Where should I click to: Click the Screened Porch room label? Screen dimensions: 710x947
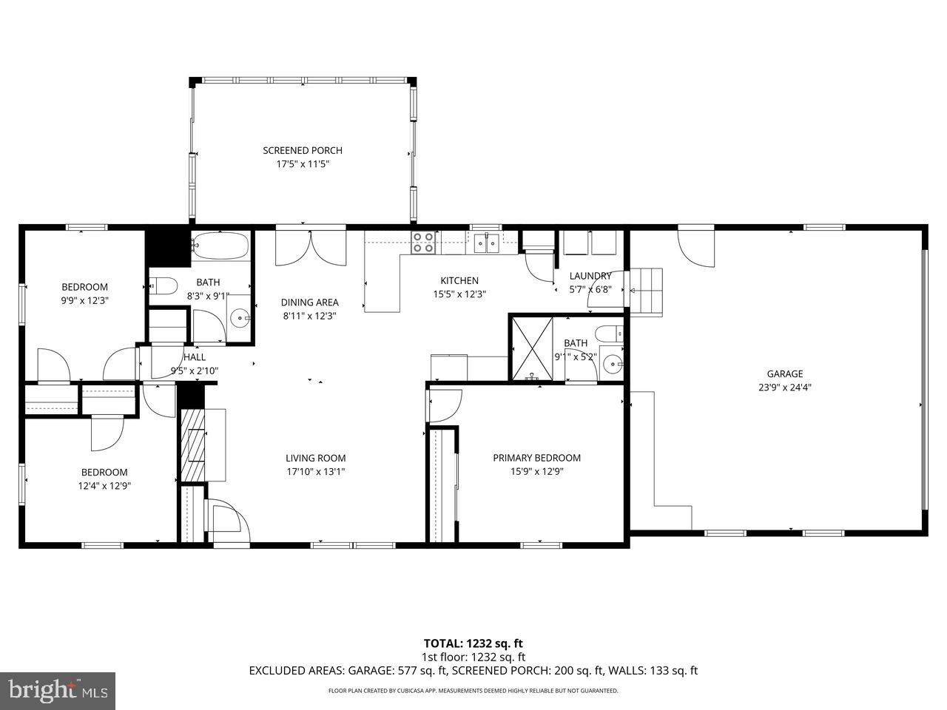(x=303, y=151)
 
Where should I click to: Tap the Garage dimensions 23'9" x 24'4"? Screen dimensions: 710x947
(x=784, y=387)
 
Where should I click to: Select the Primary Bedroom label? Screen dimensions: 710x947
(x=536, y=458)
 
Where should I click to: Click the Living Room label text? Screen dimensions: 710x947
(x=316, y=458)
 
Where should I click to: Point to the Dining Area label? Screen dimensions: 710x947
(x=309, y=302)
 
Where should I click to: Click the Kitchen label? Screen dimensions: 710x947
(x=459, y=281)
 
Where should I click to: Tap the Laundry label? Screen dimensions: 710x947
(x=590, y=276)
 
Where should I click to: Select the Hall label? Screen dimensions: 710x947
(x=195, y=357)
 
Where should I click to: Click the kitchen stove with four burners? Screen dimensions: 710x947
(x=423, y=243)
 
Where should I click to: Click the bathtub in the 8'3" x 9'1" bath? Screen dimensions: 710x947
(x=220, y=246)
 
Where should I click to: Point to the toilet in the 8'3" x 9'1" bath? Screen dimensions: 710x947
(x=164, y=285)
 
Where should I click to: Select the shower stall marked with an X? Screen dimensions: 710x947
(x=532, y=347)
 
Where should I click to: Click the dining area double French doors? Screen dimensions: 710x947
(x=311, y=247)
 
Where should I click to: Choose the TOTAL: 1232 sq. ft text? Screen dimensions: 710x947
(x=473, y=643)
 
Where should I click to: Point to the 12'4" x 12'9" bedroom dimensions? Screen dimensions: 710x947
(x=104, y=486)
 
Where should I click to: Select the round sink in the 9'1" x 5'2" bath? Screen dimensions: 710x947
(x=611, y=363)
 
